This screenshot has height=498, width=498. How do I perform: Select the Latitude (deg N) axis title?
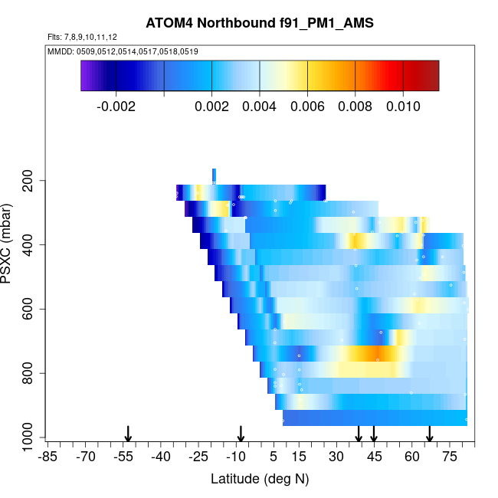pyautogui.click(x=260, y=480)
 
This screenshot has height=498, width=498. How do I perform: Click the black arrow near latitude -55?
pyautogui.click(x=129, y=434)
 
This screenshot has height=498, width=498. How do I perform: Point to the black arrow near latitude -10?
pyautogui.click(x=241, y=434)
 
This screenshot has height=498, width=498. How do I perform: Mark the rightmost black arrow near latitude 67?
pyautogui.click(x=430, y=434)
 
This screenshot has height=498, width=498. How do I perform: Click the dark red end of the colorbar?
pyautogui.click(x=433, y=75)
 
